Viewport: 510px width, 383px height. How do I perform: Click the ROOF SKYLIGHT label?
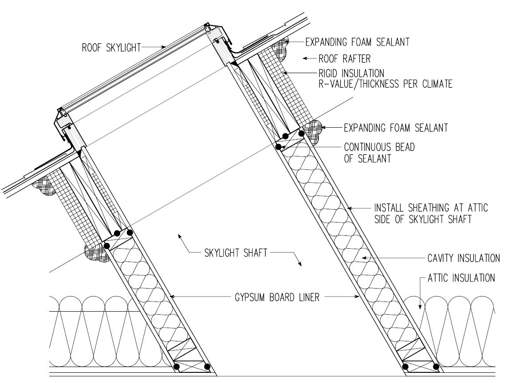coord(111,48)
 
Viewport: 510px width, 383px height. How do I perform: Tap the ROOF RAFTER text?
coord(344,58)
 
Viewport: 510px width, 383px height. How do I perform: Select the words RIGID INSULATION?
coord(351,72)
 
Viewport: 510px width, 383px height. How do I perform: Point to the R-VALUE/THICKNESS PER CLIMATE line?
coord(385,83)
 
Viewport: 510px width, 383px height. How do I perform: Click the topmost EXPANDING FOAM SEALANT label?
coord(357,42)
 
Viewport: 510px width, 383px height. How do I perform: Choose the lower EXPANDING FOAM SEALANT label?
coord(396,128)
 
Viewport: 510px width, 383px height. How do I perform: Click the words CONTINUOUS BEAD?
coord(379,147)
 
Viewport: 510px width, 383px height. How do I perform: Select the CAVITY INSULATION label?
coord(463,258)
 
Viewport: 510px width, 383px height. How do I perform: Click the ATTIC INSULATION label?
coord(461,278)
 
